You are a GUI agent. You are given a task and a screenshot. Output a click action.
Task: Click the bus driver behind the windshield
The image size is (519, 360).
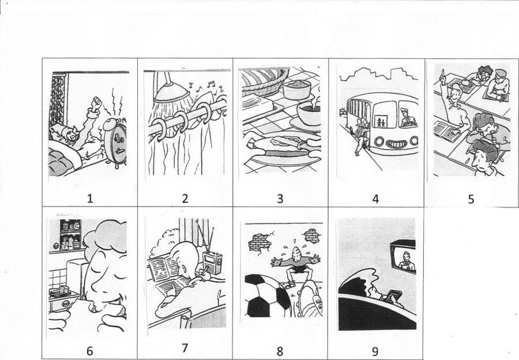coord(408,118)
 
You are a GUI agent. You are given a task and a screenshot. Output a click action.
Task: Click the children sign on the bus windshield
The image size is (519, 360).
coord(381,122)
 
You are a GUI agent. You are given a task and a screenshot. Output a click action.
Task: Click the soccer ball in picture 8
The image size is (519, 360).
coord(267,296)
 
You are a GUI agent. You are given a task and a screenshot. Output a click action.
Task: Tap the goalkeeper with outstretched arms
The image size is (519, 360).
coord(295,265)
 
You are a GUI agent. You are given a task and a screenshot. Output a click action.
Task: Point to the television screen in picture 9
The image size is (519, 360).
coord(404,260)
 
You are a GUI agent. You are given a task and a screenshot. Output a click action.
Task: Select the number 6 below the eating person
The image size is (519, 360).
coord(90,351)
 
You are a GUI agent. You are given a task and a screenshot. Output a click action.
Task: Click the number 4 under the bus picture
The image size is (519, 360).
coord(375,198)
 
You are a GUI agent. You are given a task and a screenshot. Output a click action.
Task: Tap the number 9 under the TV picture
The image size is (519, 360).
coord(375,351)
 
